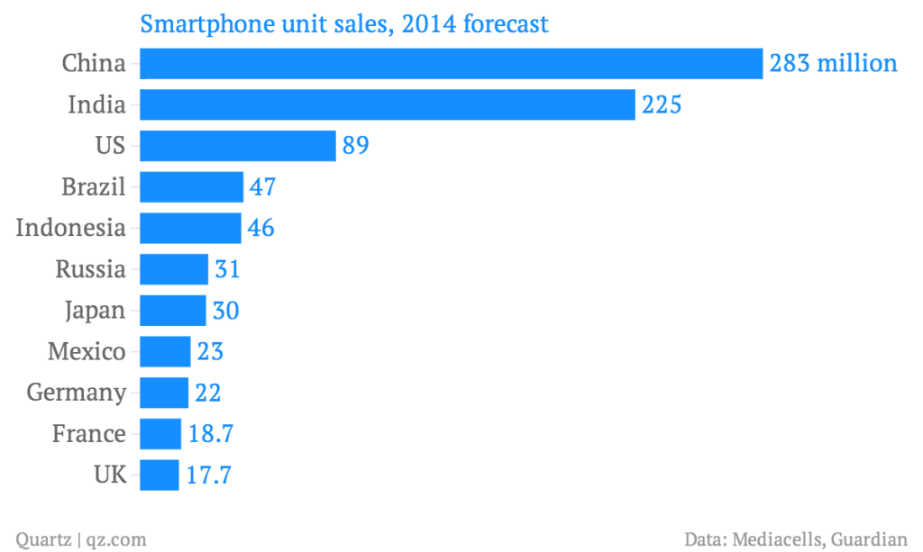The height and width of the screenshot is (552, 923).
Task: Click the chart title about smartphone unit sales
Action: [x=343, y=23]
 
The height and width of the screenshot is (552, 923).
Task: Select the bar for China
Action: [x=452, y=63]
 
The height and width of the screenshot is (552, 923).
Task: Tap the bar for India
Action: [x=388, y=104]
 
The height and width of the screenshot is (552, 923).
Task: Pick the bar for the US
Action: [x=238, y=145]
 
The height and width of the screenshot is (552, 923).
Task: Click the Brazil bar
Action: [x=191, y=186]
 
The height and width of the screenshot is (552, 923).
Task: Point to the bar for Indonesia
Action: [x=190, y=228]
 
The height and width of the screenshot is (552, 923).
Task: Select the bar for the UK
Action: [x=160, y=475]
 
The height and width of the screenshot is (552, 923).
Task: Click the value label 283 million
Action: [x=833, y=63]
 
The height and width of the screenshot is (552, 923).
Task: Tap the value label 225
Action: [x=661, y=104]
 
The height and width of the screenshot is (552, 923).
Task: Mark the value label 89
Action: [x=356, y=145]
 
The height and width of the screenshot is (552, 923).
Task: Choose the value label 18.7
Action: [x=211, y=434]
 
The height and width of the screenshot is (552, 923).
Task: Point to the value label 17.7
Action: [x=209, y=475]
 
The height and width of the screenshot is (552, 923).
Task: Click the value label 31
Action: [x=226, y=269]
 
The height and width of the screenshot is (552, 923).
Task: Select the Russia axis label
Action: [x=90, y=269]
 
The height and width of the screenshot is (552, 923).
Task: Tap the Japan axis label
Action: [x=95, y=311]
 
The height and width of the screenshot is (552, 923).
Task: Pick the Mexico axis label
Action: [x=87, y=351]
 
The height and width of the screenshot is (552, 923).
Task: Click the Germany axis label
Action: [x=77, y=393]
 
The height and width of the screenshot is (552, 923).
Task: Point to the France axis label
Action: [x=88, y=434]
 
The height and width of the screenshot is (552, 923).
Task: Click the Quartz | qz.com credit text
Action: [x=81, y=539]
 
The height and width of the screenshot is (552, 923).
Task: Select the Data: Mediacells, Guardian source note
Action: [x=795, y=539]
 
